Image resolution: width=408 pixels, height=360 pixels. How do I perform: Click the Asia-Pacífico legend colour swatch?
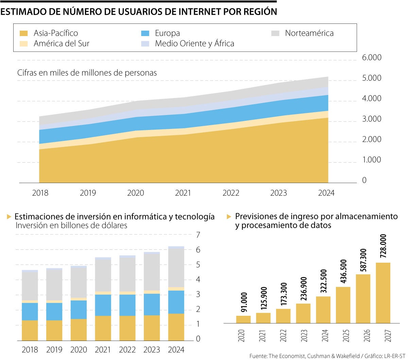(x=23, y=33)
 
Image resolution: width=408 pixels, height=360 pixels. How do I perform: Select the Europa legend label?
(x=167, y=33)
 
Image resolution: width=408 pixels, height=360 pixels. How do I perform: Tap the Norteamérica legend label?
(x=309, y=33)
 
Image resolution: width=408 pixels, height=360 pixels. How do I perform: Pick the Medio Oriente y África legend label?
(x=194, y=44)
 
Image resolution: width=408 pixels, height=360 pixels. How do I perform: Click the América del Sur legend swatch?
(x=23, y=44)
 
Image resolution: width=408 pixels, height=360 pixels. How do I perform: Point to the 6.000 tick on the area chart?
(x=371, y=58)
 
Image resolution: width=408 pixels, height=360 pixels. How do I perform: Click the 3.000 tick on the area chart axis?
(x=371, y=119)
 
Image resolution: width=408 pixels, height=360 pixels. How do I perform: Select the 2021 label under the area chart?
(x=183, y=193)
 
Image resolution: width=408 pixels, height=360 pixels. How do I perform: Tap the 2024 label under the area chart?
(x=326, y=193)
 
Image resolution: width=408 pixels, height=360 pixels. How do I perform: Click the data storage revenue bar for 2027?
(x=383, y=293)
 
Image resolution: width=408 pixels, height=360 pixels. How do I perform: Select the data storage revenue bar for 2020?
(x=243, y=319)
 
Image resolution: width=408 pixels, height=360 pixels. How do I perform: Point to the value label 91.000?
(x=244, y=302)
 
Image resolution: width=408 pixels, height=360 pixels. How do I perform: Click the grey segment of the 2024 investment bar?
(x=176, y=268)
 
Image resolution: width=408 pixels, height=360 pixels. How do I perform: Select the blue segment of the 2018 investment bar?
(x=30, y=311)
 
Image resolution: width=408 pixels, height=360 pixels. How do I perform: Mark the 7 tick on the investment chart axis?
(x=198, y=235)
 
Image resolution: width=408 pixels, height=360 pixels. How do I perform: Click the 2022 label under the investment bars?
(x=127, y=350)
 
